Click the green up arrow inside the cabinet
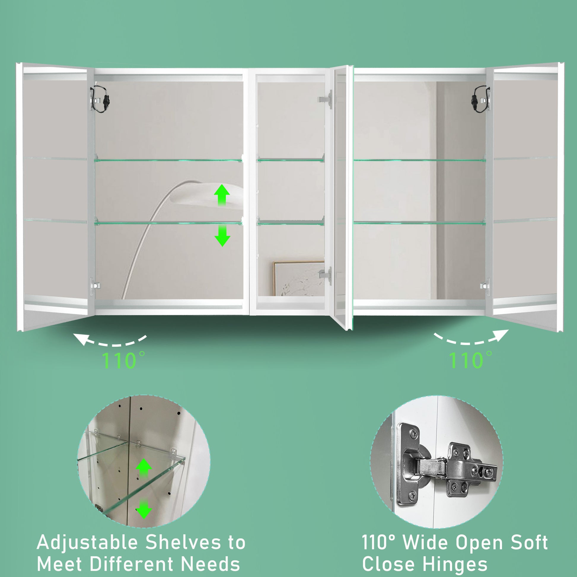[x=222, y=195]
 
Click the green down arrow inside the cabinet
[x=222, y=236]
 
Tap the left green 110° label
[x=123, y=361]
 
